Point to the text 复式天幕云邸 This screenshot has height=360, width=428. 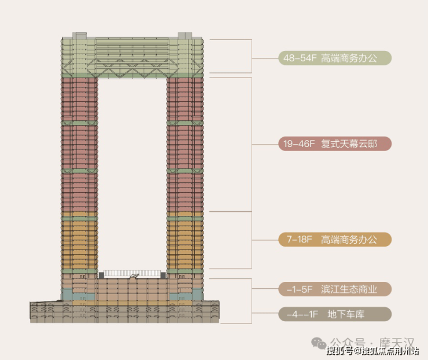(x=349, y=144)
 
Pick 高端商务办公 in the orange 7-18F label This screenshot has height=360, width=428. (x=349, y=239)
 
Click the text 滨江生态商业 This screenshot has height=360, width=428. (x=349, y=289)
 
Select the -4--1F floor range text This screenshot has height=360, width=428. (x=299, y=315)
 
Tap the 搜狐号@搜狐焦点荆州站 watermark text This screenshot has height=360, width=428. (x=372, y=351)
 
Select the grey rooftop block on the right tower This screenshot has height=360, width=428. (x=185, y=36)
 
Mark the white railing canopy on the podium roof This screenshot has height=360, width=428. (x=132, y=274)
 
